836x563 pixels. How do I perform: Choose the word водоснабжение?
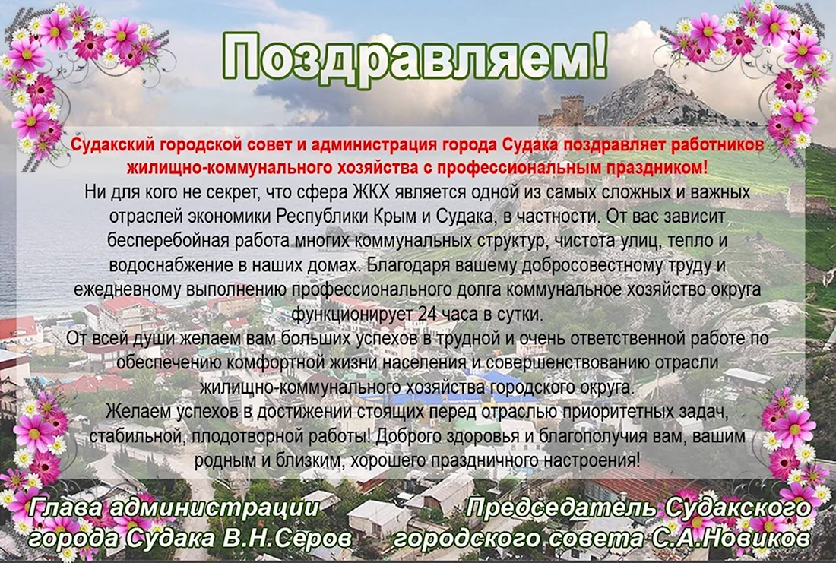click(x=169, y=265)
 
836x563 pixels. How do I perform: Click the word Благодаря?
click(x=409, y=265)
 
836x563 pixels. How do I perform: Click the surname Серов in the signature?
click(x=317, y=537)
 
